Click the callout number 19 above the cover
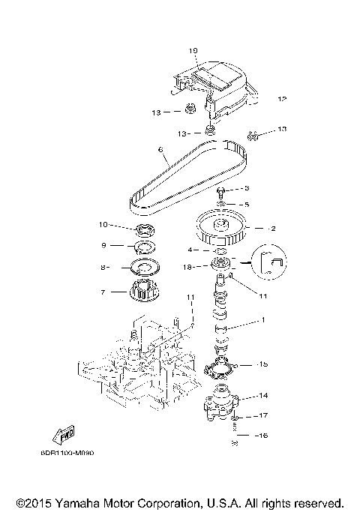coord(193,51)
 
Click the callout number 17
coord(263,415)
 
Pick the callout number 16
coord(263,435)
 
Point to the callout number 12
coord(282,99)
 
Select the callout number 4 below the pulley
coord(192,250)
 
